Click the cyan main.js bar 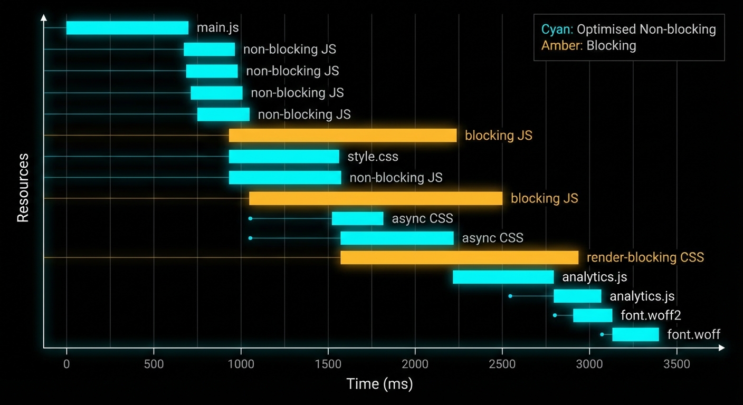pyautogui.click(x=127, y=28)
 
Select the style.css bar pyautogui.click(x=284, y=157)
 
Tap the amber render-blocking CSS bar pyautogui.click(x=459, y=257)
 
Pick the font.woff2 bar pyautogui.click(x=593, y=315)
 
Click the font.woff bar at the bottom pyautogui.click(x=635, y=334)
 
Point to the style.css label pyautogui.click(x=373, y=157)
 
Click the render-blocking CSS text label pyautogui.click(x=645, y=257)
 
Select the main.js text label pyautogui.click(x=217, y=28)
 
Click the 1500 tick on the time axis pyautogui.click(x=328, y=364)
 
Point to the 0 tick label pyautogui.click(x=66, y=364)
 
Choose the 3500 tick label pyautogui.click(x=677, y=364)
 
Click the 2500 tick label pyautogui.click(x=502, y=364)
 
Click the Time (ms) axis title pyautogui.click(x=379, y=383)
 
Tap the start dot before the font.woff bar pyautogui.click(x=602, y=334)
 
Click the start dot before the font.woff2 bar pyautogui.click(x=555, y=315)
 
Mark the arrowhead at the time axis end pyautogui.click(x=721, y=348)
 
